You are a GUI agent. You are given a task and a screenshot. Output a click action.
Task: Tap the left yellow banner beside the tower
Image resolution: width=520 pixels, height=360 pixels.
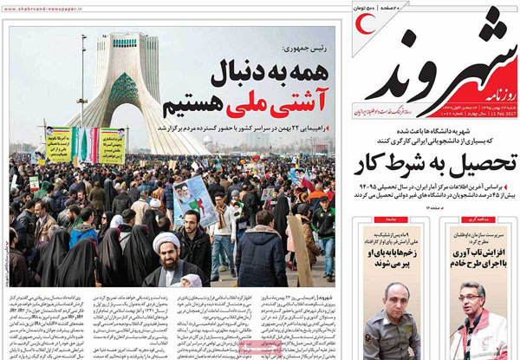point(59,144)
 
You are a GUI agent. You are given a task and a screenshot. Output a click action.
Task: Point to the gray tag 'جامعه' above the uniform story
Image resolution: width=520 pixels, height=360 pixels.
point(409,221)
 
